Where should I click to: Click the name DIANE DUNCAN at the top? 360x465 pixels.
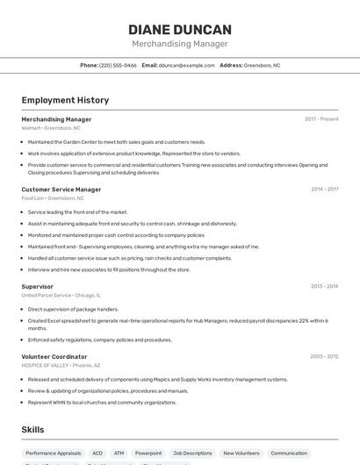(x=180, y=29)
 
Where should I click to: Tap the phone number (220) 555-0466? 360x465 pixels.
(x=118, y=65)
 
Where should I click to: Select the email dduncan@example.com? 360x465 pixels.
(x=186, y=65)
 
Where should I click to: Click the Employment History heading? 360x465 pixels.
(x=65, y=101)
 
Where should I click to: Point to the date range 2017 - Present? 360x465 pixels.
(x=321, y=119)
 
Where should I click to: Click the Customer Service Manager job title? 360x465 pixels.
(x=61, y=190)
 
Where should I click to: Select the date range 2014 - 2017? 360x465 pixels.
(x=324, y=190)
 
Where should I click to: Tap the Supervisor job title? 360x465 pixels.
(x=38, y=287)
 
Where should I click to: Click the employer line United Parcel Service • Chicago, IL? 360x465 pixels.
(x=61, y=296)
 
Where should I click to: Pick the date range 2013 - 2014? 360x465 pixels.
(x=324, y=287)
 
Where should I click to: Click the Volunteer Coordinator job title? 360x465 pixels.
(x=54, y=357)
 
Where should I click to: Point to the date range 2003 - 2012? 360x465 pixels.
(x=324, y=357)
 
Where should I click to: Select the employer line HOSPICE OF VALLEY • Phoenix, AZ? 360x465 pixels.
(x=61, y=366)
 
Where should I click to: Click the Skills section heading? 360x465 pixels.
(x=33, y=430)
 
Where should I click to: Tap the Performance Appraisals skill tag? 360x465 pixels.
(x=54, y=454)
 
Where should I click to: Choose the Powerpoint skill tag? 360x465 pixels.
(x=148, y=454)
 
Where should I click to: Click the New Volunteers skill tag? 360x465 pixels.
(x=241, y=454)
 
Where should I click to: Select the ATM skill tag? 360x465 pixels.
(x=119, y=454)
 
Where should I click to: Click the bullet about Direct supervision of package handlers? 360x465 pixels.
(x=73, y=310)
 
